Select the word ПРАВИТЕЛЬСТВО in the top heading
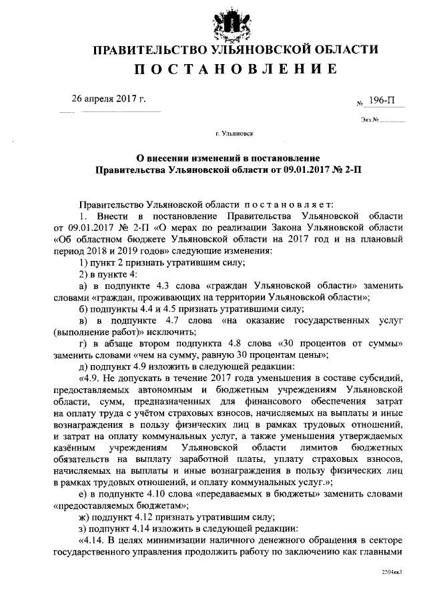[149, 50]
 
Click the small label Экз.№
[370, 120]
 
